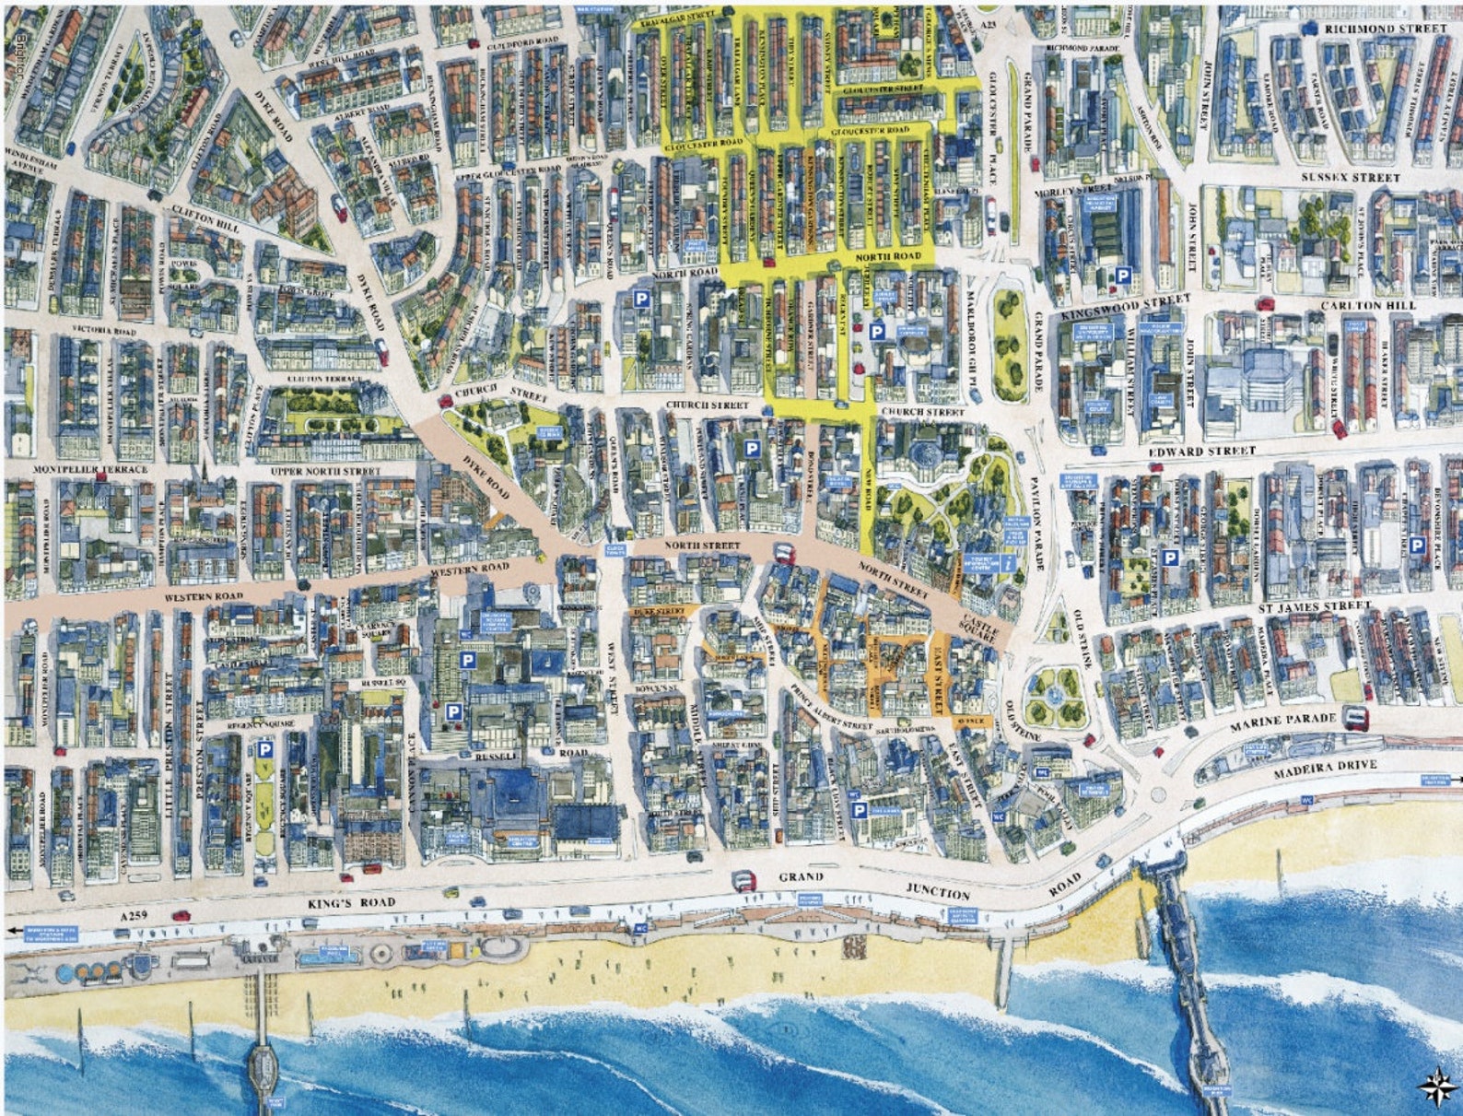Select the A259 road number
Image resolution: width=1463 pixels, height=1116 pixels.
134,915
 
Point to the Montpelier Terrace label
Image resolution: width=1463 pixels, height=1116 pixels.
89,469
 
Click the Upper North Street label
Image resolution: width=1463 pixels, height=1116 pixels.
325,471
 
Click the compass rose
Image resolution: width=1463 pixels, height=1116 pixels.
1434,1086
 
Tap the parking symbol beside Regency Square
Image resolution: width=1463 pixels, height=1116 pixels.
264,750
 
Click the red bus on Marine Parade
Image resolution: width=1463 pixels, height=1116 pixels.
1355,716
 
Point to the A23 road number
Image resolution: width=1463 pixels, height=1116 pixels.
989,20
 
